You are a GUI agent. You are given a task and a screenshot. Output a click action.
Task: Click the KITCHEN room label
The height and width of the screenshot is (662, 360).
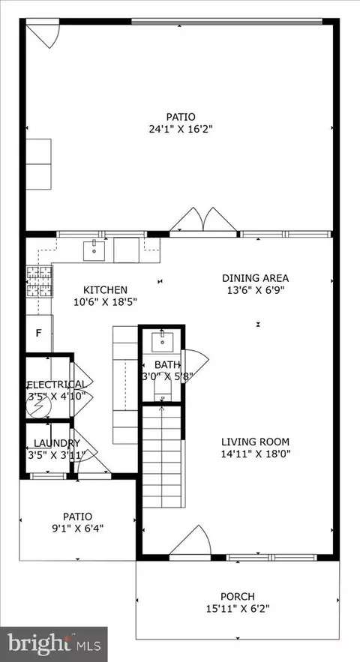click(x=105, y=290)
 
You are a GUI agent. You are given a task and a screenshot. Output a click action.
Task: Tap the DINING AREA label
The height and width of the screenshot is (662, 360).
click(x=256, y=278)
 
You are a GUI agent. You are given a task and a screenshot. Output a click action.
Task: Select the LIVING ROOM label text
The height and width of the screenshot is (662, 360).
click(x=256, y=442)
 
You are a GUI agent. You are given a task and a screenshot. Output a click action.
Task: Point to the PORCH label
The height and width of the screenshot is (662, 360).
click(x=238, y=597)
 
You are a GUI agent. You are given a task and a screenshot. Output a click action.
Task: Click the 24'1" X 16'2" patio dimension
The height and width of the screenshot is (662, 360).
click(x=181, y=129)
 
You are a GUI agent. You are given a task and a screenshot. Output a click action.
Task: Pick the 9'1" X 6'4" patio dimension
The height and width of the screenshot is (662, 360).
click(x=77, y=528)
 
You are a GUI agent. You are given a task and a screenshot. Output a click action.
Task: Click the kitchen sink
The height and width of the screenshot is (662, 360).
click(x=94, y=250)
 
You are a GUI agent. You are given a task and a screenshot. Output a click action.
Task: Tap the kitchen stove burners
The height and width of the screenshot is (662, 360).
click(x=39, y=282)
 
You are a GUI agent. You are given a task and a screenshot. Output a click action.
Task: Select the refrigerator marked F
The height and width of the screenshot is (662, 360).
click(x=39, y=334)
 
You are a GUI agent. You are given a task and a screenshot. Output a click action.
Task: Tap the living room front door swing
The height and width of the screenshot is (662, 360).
click(x=190, y=541)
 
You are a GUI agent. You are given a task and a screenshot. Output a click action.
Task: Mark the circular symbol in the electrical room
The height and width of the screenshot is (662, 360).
click(x=39, y=406)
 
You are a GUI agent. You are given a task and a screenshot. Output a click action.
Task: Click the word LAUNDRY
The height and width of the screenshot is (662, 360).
click(x=56, y=443)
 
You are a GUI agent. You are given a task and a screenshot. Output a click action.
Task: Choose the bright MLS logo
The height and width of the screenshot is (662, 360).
click(x=54, y=644)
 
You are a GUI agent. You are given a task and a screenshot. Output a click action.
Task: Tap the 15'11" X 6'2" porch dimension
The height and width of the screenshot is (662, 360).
click(x=238, y=609)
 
